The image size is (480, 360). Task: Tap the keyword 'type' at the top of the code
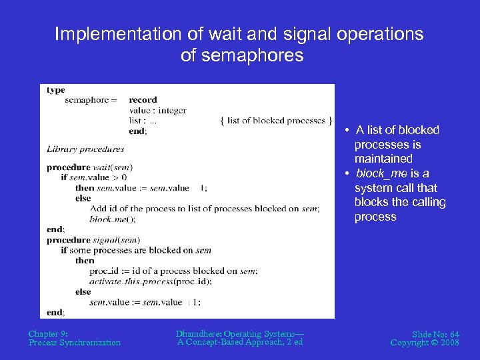pos(56,90)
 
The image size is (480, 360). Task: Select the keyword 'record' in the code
pos(143,100)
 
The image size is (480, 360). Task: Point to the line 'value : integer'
pos(157,111)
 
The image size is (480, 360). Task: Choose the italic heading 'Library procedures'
pos(85,149)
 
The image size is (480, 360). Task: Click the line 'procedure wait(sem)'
pos(89,167)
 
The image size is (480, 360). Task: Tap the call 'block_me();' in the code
pos(112,219)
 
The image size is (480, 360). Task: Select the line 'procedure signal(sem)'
pos(93,240)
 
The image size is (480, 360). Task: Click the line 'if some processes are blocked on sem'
pos(136,250)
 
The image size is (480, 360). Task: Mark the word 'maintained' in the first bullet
pos(383,159)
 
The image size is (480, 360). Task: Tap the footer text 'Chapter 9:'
pos(48,333)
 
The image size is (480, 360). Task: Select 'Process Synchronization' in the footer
pos(75,343)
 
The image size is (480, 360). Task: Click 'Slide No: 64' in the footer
pos(435,333)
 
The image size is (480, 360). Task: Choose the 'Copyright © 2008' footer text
pos(425,343)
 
